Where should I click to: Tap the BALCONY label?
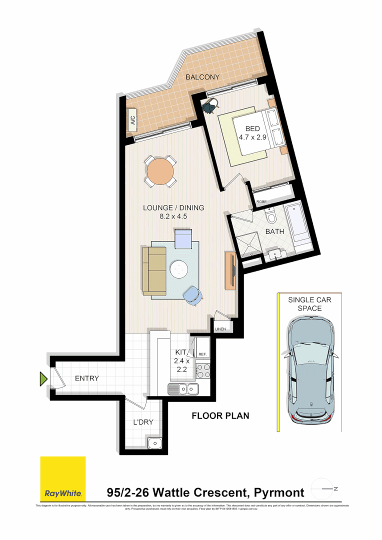click(202, 77)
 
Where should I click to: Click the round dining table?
click(160, 172)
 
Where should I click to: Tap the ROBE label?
click(261, 202)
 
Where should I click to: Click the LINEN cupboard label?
click(221, 329)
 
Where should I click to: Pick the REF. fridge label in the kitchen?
click(202, 354)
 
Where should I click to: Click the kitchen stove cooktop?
click(203, 370)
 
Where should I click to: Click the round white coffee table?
click(179, 269)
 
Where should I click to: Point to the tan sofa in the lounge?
click(154, 270)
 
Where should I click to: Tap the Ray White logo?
click(63, 493)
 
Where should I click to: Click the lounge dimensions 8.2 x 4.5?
click(173, 216)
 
